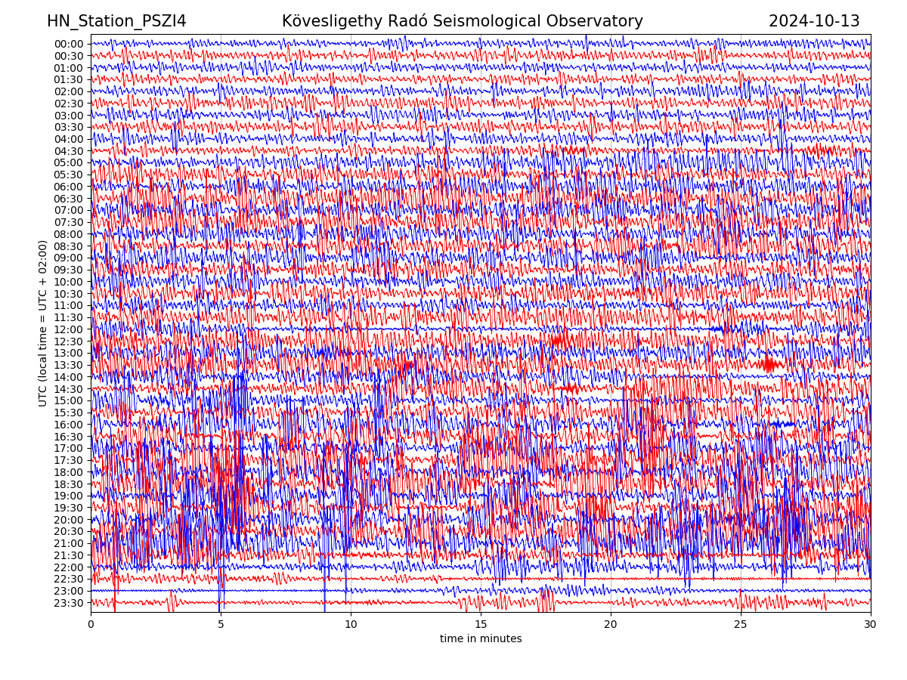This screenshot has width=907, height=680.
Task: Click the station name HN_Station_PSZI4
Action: point(116,21)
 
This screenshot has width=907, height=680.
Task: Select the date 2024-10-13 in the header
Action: point(814,21)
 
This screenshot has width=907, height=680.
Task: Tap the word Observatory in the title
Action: point(599,21)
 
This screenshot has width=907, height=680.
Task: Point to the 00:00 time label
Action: point(68,44)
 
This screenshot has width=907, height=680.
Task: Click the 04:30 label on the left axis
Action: point(68,151)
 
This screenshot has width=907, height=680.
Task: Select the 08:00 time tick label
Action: point(68,234)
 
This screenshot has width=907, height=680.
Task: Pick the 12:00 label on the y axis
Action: point(68,329)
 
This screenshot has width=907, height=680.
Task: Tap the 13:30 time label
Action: point(68,365)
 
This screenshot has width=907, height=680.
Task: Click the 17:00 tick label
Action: point(68,448)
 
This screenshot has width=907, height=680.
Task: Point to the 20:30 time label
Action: point(68,531)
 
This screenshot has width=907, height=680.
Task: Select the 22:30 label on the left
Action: point(68,579)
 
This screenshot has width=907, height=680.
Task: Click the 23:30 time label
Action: point(68,603)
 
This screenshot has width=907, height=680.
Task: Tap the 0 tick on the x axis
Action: point(91,624)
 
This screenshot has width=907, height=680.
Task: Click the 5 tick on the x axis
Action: point(221,624)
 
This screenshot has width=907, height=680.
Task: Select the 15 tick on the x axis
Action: point(481,624)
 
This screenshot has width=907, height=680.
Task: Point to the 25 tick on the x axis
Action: point(741,624)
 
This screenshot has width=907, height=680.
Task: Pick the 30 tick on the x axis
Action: point(871,624)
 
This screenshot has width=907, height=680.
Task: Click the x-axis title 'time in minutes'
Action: point(481,639)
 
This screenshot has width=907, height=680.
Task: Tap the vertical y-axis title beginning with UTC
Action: point(43,323)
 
